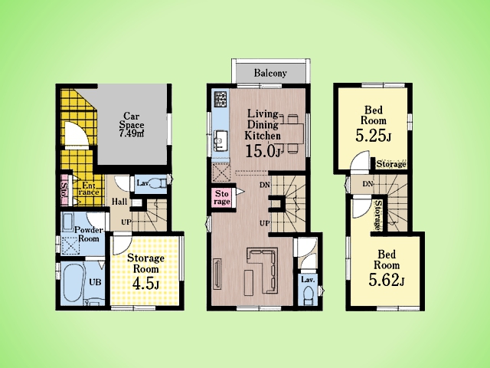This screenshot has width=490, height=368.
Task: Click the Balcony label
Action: tap(270, 74)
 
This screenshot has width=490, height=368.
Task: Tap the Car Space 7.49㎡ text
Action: tap(132, 125)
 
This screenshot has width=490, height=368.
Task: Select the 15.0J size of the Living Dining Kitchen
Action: tap(263, 151)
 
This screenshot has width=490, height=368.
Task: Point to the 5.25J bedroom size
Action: tap(373, 136)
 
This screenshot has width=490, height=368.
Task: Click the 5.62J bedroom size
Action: tap(387, 279)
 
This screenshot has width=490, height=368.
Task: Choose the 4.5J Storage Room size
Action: tap(145, 284)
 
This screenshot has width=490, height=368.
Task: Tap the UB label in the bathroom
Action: tap(95, 282)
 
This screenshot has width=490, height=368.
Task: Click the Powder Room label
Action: tap(89, 234)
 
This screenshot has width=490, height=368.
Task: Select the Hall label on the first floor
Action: tap(119, 201)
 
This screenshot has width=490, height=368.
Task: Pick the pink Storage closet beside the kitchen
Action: tap(223, 198)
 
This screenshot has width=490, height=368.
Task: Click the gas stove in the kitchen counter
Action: tap(220, 98)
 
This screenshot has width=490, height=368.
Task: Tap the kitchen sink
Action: tap(221, 139)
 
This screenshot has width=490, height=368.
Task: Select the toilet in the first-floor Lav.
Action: tap(158, 183)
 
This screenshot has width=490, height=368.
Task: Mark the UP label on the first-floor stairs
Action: tap(126, 222)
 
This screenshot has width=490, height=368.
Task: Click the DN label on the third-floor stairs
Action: tap(367, 184)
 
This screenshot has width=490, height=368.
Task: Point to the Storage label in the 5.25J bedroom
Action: tap(391, 164)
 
